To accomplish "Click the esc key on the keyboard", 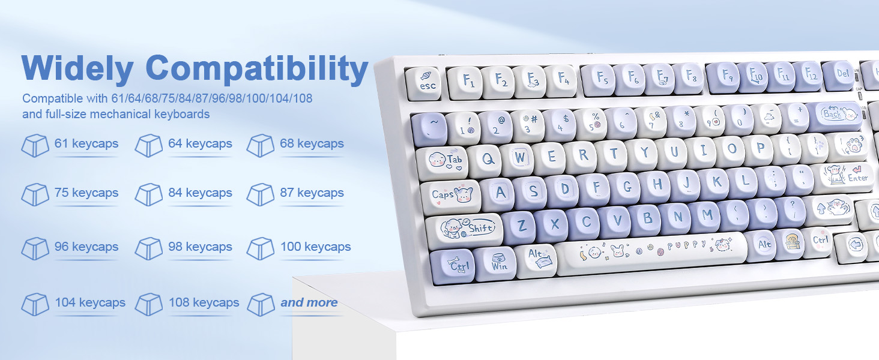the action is coord(423,83).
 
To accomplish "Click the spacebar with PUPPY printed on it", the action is coord(651,253).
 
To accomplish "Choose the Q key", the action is coord(485,160).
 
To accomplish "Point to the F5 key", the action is coord(598,80).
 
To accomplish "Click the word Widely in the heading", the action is coord(77,68).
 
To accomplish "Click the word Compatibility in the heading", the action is coord(256,68).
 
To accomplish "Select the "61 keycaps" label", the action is coord(86,143).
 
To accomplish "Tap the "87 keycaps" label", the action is coord(312,193).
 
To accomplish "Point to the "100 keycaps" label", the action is coord(315,247).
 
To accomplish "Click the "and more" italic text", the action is coord(309,302).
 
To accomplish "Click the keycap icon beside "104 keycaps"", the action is coord(35,304).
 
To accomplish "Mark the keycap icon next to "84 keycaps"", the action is coord(149,194).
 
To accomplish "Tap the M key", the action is coord(706,217).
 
